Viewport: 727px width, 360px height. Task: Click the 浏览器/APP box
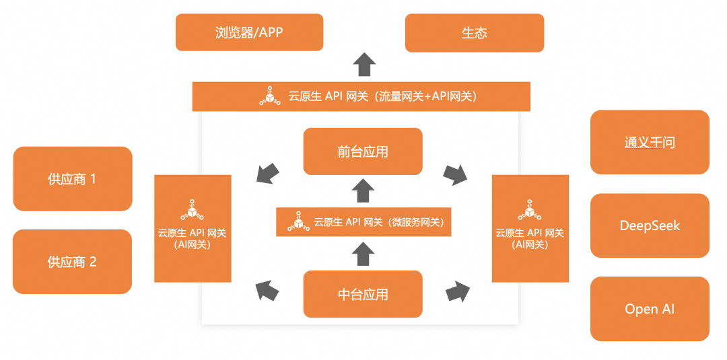coord(249,32)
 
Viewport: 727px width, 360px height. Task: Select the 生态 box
coord(474,32)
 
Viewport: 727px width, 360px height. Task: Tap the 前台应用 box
coord(363,151)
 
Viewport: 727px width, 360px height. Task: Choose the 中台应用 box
coord(363,294)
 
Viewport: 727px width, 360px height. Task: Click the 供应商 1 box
coord(73,179)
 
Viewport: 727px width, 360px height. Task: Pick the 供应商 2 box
coord(73,262)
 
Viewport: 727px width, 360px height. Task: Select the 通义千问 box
coord(650,142)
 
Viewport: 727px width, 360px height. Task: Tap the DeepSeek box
coord(650,225)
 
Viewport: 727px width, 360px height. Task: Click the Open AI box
coord(650,309)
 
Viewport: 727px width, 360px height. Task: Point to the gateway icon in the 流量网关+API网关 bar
coord(269,96)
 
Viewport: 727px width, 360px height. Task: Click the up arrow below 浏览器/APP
coord(364,65)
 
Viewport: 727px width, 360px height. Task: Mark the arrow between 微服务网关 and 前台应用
coord(363,190)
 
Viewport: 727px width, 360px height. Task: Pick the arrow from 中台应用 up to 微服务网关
coord(363,254)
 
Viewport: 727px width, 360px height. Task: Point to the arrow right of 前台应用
coord(456,174)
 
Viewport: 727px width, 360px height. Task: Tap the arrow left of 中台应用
coord(268,290)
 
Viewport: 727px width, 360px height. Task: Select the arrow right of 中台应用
coord(458,292)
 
